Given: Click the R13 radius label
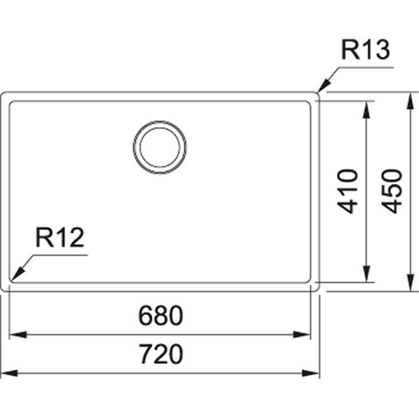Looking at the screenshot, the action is [x=365, y=50].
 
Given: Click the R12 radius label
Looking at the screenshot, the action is [x=60, y=237].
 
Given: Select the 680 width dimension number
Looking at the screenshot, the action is [x=161, y=315].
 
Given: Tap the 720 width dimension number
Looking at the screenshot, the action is [x=161, y=354].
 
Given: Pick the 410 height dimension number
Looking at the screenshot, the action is [x=347, y=191].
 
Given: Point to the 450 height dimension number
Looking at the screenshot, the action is [x=392, y=191].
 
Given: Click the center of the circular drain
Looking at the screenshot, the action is [x=160, y=148].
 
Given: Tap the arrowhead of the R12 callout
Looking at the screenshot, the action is [x=17, y=274].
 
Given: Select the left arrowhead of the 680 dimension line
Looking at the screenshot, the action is [x=18, y=334].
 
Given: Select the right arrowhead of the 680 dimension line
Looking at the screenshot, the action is [x=302, y=334].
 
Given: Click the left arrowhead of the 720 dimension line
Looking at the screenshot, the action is [x=10, y=373].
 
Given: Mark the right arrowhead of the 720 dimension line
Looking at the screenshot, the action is [x=311, y=373].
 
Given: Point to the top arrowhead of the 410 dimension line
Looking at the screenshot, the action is [x=367, y=109].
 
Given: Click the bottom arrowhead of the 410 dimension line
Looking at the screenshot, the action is [x=367, y=273].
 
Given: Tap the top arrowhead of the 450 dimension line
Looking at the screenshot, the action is [x=410, y=100].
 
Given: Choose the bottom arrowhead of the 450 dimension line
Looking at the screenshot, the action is [x=410, y=282].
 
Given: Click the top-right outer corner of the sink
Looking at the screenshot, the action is [x=319, y=93].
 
